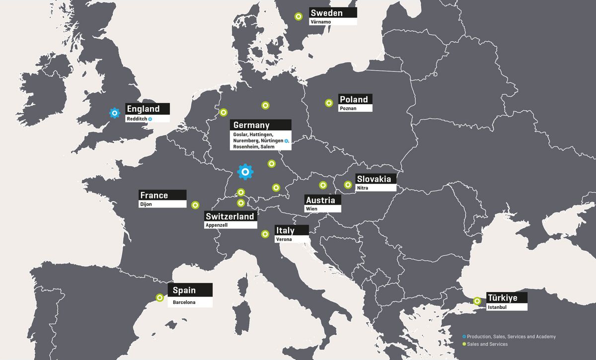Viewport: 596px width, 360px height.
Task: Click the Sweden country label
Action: pos(326,13)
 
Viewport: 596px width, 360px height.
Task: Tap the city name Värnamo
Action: pos(320,22)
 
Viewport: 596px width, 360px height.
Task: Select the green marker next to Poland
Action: pos(328,103)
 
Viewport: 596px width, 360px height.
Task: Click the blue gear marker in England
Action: pos(115,113)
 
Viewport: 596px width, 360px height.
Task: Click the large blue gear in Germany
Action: pos(245,172)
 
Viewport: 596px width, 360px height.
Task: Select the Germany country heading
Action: pos(251,125)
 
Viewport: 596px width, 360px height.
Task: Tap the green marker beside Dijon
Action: pos(195,205)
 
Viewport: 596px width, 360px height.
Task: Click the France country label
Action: pos(154,195)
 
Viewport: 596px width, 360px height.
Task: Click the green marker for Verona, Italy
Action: pos(265,234)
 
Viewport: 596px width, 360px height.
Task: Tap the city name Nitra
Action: pos(363,188)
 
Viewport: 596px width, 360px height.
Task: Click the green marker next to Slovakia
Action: pos(348,185)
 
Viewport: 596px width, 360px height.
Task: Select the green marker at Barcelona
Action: pos(159,298)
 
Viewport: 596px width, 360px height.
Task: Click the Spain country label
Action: pos(184,290)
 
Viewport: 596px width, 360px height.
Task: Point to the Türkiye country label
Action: pos(502,298)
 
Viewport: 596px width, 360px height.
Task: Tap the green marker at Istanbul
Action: pos(477,301)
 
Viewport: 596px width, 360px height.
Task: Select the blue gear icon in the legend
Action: pos(464,337)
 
